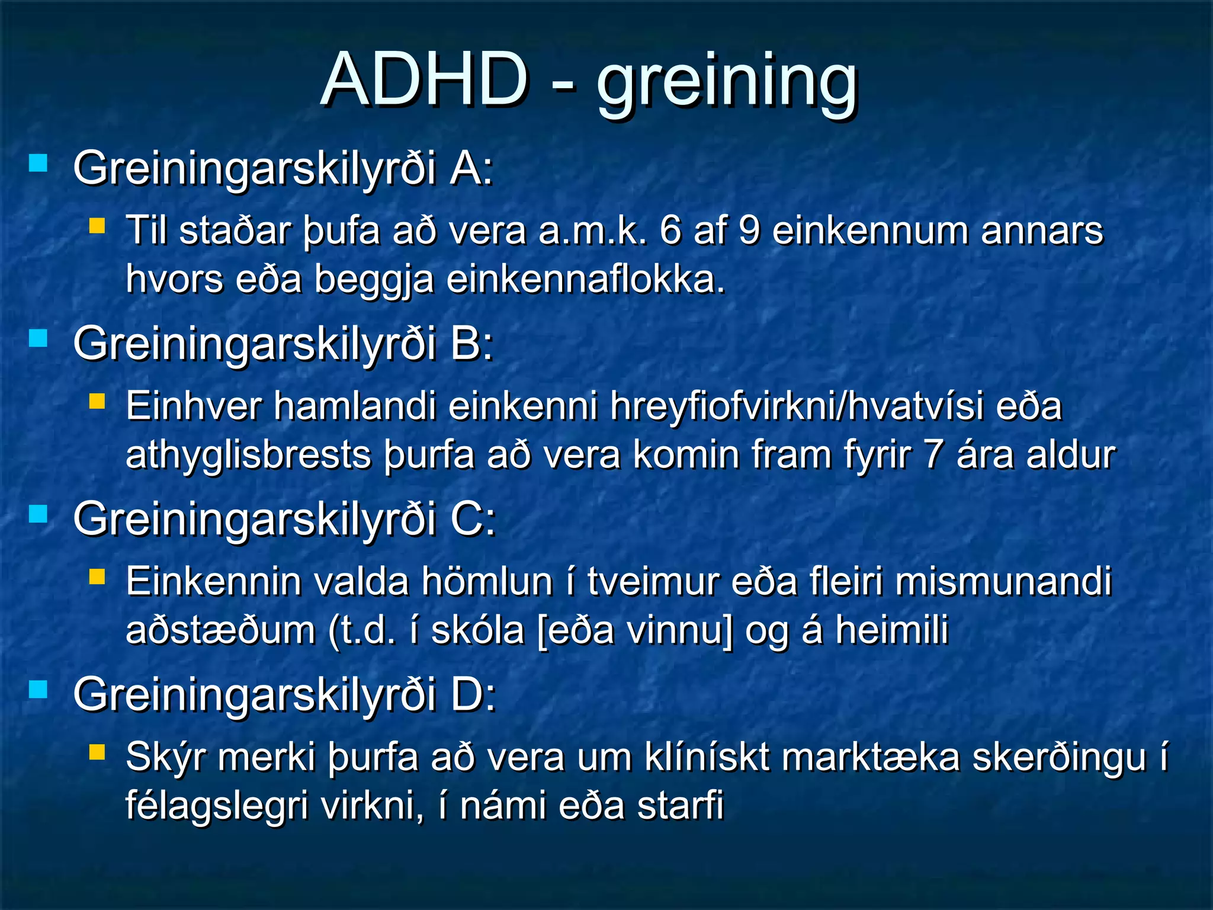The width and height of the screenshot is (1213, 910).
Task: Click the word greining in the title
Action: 727,83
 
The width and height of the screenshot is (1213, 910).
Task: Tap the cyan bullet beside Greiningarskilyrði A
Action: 38,163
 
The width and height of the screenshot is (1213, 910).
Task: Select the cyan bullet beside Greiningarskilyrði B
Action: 38,338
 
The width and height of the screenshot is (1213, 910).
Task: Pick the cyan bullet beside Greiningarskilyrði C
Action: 38,514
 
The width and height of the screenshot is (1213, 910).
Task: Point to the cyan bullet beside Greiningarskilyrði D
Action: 38,689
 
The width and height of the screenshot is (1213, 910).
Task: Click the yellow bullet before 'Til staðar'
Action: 97,226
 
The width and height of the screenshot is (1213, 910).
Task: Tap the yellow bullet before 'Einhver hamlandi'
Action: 97,402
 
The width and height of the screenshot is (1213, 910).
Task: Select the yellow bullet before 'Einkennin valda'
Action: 97,577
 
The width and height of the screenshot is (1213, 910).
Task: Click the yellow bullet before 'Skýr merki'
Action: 97,752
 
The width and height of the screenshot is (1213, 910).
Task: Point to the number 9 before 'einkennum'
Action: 749,230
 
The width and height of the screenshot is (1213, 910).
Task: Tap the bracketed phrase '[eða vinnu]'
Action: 634,630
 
